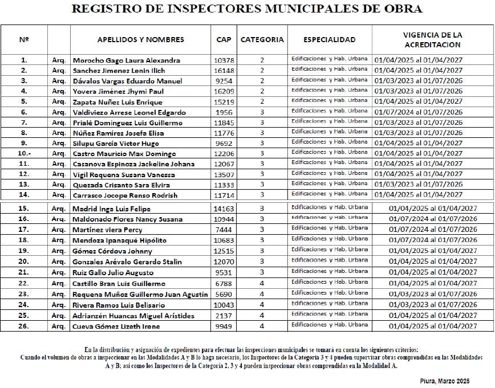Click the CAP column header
point(224,40)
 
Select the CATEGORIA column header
point(262,40)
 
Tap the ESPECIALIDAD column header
point(330,40)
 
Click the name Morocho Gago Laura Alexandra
point(126,60)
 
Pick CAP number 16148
point(224,71)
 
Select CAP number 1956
point(224,112)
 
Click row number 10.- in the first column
point(24,154)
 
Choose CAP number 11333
point(224,185)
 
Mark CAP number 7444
point(224,230)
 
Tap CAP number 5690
point(224,295)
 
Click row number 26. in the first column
point(24,326)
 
